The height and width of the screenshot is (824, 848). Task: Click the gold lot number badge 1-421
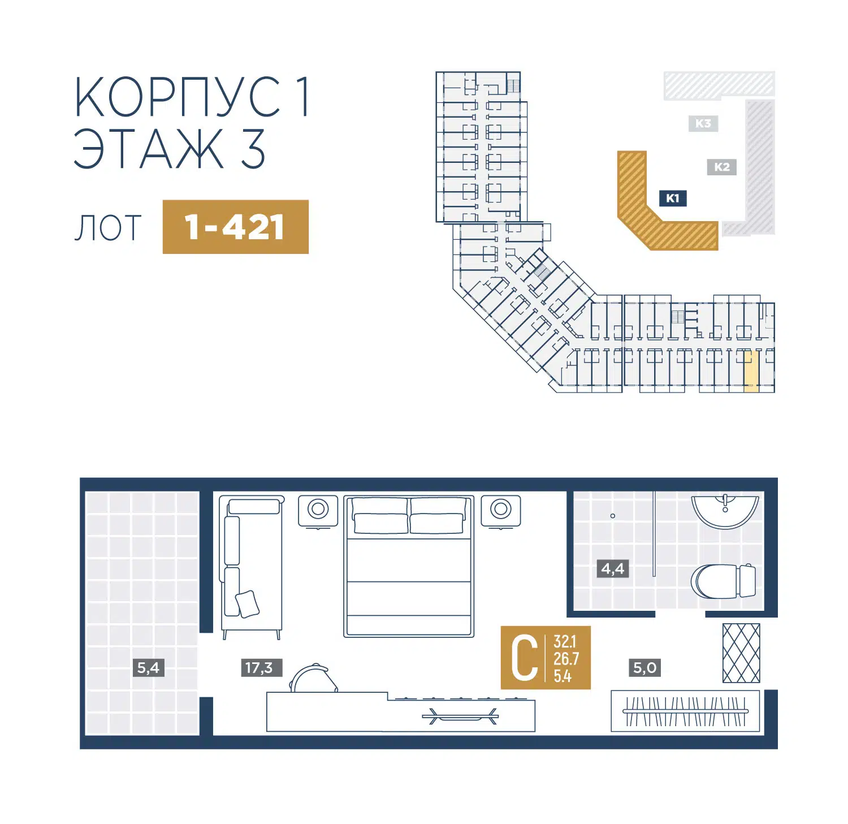point(235,227)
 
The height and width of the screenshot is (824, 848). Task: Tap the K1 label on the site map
point(673,198)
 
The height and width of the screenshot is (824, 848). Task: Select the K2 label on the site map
point(722,167)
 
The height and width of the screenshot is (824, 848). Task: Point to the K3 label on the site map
point(703,123)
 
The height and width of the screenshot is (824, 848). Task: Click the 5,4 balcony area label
point(149,667)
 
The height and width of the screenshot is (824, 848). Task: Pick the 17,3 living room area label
point(259,667)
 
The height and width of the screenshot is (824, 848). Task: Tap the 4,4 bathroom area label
point(613,568)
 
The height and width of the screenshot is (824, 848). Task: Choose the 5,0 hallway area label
point(645,667)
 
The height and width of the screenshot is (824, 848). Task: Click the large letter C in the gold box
point(524,658)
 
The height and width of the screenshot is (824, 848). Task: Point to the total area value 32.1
point(565,641)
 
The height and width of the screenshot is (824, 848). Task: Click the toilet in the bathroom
point(724,581)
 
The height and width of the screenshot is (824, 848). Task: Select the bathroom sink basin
point(725,511)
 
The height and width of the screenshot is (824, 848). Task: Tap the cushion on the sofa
point(247,603)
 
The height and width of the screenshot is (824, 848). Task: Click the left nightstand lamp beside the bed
point(318,510)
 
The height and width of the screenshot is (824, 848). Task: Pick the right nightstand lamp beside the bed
point(501,510)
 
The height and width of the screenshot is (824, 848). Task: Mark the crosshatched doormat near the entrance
point(741,653)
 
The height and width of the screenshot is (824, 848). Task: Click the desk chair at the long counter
point(314,678)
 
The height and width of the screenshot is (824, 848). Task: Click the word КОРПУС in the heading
point(178,97)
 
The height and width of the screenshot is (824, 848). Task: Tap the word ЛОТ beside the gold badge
point(108,228)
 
